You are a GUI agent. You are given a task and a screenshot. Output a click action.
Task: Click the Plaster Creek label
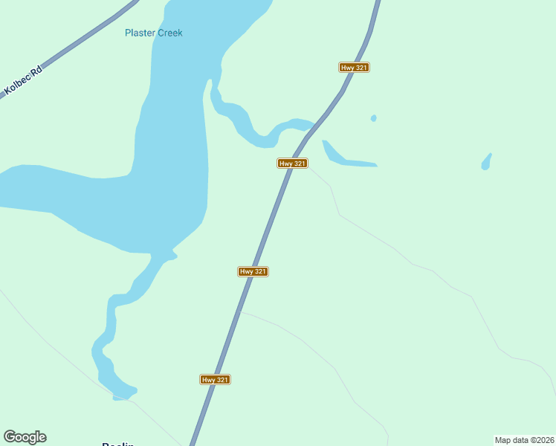coord(153,33)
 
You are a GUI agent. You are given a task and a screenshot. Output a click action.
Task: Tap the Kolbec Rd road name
coord(22,79)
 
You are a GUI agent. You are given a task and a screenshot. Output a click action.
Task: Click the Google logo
coord(25,437)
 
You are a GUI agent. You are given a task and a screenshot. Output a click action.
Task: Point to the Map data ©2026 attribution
coord(524,440)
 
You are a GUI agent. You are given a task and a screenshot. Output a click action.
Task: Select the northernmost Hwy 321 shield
coord(355,68)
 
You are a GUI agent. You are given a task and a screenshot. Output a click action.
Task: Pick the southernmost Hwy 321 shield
coord(216,380)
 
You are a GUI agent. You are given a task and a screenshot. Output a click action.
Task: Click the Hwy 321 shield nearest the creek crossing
coord(293,164)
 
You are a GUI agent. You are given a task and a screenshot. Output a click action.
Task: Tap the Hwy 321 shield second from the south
coord(253,272)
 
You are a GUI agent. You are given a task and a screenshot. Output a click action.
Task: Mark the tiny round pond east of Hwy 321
coord(373,118)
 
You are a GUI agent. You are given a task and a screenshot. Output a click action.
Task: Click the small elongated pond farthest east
coord(486,161)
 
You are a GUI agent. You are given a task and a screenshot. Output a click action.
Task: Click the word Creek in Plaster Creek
coord(169,33)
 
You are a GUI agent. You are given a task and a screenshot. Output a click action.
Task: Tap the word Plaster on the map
coord(139,33)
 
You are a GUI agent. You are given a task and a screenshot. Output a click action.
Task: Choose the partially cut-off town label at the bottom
coord(117,443)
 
